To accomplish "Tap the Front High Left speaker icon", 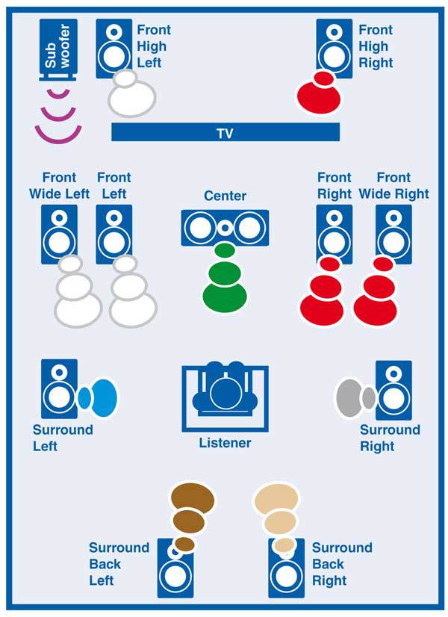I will click(x=114, y=47).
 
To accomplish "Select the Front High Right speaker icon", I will click(x=334, y=47).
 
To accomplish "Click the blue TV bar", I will click(x=225, y=132).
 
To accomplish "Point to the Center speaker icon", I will click(x=225, y=226).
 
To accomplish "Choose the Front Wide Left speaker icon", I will click(x=59, y=233).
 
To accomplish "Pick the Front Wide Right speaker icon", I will click(x=393, y=233).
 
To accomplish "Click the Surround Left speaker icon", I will click(x=59, y=388).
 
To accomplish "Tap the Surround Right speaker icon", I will click(x=393, y=388).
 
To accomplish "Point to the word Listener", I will click(x=225, y=443).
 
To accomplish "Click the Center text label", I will click(x=225, y=196).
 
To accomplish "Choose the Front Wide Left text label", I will click(x=59, y=185).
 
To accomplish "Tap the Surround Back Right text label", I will click(x=341, y=564).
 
